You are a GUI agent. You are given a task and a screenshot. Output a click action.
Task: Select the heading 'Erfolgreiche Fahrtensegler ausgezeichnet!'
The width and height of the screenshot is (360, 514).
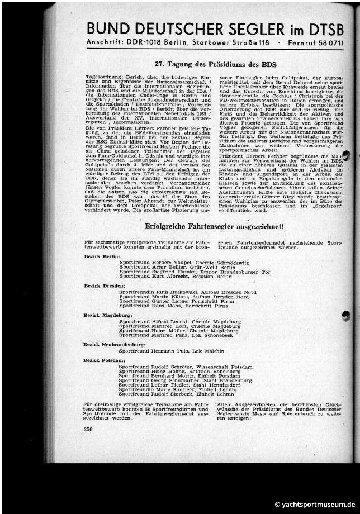point(214,226)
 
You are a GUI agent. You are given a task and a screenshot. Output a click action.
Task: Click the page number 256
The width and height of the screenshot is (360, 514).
point(88,429)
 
